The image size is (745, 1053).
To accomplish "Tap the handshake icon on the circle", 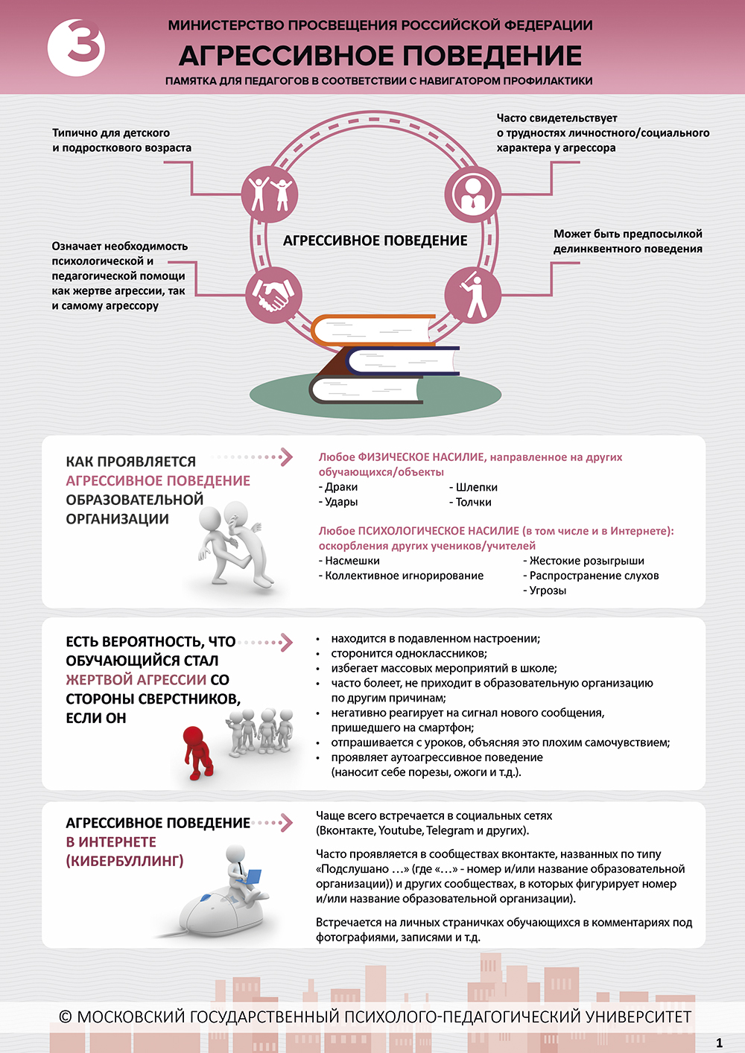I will point(273,295).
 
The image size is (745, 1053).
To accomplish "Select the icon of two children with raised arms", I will point(270,194).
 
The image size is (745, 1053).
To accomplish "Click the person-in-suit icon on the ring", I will point(472,194).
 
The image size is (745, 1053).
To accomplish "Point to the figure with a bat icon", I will point(472,295).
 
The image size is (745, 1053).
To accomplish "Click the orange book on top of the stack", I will point(372,330).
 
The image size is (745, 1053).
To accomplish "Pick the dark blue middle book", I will point(402,361).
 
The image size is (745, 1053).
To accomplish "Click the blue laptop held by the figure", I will point(251,877).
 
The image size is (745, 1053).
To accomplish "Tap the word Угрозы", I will point(548,591).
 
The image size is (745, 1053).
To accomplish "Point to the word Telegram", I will point(451,830).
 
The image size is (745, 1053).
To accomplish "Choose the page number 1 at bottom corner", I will point(719,1043).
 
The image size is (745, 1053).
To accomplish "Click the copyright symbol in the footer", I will point(66,1017).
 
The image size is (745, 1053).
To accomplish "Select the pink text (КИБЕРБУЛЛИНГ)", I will point(124,861).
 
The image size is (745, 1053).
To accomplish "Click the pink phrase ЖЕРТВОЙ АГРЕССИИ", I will point(136,680).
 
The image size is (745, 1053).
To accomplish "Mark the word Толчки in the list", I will point(473,502).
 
